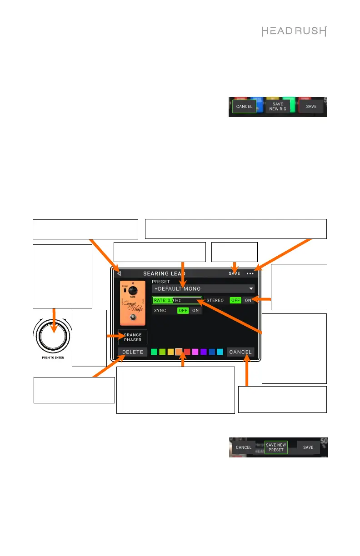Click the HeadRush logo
(x=295, y=31)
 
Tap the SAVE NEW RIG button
(x=277, y=107)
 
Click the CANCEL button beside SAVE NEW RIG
(x=244, y=107)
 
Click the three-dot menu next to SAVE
(x=250, y=274)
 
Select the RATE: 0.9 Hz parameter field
(x=176, y=300)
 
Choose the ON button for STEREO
(x=248, y=300)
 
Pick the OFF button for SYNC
(x=183, y=310)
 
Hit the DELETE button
(x=132, y=352)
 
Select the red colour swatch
(x=187, y=352)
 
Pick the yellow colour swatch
(x=170, y=352)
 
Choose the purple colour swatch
(x=204, y=352)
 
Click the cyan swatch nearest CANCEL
(x=220, y=352)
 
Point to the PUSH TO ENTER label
(x=51, y=357)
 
